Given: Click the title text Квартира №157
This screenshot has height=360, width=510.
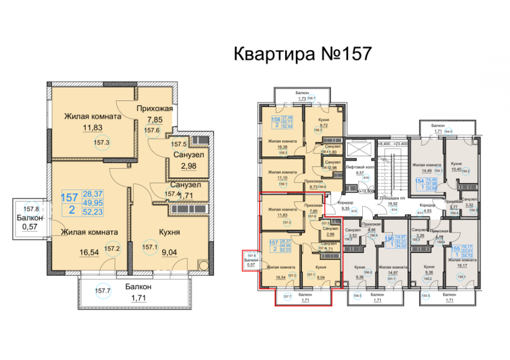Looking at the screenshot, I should pyautogui.click(x=301, y=54).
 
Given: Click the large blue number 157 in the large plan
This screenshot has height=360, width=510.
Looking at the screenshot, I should pyautogui.click(x=70, y=197).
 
